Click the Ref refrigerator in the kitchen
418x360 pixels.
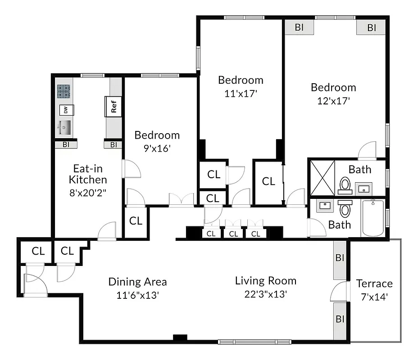click(114, 106)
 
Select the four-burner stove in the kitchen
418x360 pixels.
click(64, 92)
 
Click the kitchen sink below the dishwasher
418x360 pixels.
click(64, 128)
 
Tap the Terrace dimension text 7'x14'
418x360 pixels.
click(374, 297)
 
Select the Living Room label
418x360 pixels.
click(266, 281)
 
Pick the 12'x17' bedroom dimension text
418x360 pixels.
click(333, 101)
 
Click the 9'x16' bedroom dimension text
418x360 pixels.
click(157, 148)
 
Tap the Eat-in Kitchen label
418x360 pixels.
click(88, 174)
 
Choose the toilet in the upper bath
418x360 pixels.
click(345, 185)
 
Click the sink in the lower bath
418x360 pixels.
click(324, 207)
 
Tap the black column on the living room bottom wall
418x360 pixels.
click(180, 337)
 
